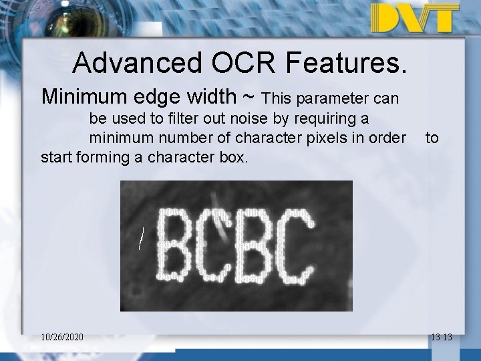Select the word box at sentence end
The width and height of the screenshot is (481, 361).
tap(234, 158)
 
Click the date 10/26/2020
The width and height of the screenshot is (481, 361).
tap(61, 337)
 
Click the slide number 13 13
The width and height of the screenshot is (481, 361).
tap(441, 337)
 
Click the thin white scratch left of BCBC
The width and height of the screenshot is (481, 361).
tap(141, 238)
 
